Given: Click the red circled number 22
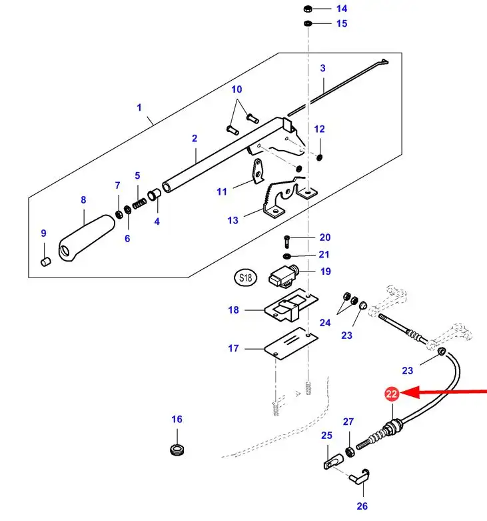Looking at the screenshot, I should tap(390, 395).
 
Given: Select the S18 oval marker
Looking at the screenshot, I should tap(244, 277).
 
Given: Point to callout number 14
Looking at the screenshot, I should tap(341, 9).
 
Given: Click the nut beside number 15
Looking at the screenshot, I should tap(308, 24).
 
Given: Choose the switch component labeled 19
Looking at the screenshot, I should tap(284, 274).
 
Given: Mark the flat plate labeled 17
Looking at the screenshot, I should tap(288, 344).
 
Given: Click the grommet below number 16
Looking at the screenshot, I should tap(177, 449).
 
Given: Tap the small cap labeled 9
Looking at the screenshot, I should tap(46, 262).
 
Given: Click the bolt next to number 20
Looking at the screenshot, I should tap(287, 239).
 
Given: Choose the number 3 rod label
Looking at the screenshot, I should tap(322, 67).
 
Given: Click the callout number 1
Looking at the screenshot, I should tap(140, 107).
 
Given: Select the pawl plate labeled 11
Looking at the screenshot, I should tap(258, 171).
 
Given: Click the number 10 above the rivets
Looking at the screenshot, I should tap(237, 89).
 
